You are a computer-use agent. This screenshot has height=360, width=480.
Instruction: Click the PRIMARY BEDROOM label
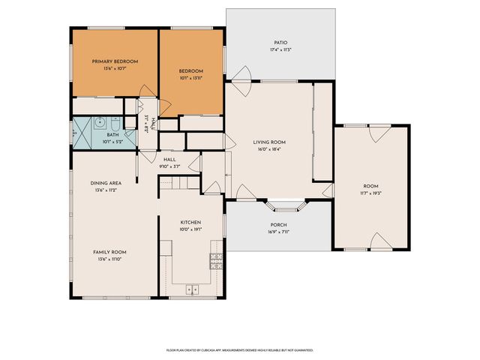click(x=115, y=61)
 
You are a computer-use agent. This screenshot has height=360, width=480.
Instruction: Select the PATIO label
click(x=279, y=43)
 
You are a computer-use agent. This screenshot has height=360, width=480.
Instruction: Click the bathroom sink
click(x=99, y=121)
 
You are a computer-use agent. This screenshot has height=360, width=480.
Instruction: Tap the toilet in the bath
click(x=114, y=122)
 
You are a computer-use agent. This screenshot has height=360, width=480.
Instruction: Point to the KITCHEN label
click(x=190, y=223)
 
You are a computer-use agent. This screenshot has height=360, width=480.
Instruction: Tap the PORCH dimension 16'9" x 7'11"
click(x=278, y=232)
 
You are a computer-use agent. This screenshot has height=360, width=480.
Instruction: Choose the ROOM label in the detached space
click(x=370, y=185)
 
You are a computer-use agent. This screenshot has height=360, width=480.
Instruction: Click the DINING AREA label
click(x=105, y=183)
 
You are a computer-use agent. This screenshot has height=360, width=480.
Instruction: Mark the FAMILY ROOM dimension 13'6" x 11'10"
click(x=109, y=259)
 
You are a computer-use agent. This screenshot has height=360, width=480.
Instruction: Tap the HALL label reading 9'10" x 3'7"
click(x=169, y=166)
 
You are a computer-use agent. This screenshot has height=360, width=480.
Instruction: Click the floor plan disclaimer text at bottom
click(x=240, y=349)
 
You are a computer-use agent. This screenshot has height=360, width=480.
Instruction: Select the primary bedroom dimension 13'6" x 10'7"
click(x=115, y=68)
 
